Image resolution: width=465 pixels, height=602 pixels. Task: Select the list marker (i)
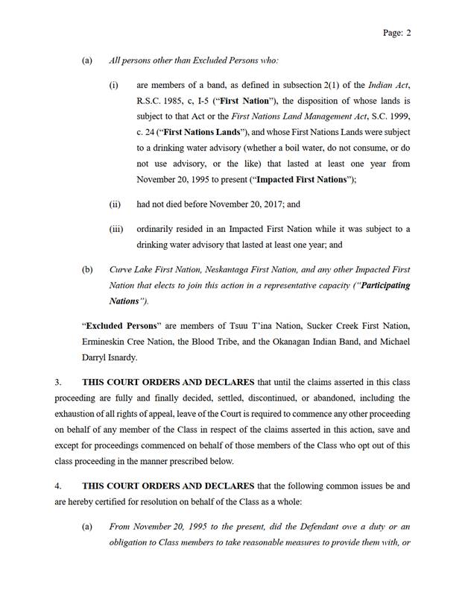114,86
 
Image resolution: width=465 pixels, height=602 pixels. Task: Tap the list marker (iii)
116,229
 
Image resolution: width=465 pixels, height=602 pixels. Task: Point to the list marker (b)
87,269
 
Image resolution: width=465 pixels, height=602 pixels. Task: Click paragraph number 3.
58,382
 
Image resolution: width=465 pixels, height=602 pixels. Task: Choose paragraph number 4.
58,486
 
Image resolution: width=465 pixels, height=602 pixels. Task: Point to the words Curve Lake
129,269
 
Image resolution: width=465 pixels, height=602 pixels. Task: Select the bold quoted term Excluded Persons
116,326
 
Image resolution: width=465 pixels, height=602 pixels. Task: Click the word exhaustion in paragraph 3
78,414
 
